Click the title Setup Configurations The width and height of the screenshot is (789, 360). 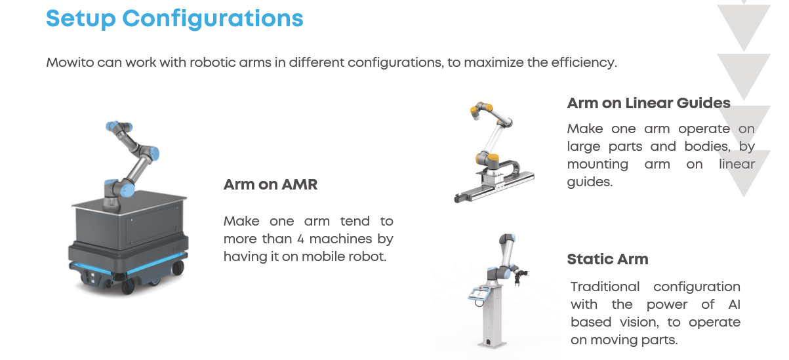174,18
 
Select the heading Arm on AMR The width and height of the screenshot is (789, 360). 270,184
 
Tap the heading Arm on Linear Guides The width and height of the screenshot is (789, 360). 649,103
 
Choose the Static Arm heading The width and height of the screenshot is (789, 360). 607,259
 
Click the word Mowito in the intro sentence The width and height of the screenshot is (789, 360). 70,62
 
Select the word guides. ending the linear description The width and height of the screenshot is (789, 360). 590,182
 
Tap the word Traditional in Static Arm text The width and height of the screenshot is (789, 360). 605,287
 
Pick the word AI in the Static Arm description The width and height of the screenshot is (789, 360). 735,304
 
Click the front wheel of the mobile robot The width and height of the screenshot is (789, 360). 128,286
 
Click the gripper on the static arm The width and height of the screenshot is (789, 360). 520,275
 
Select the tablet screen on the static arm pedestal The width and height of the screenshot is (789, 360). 479,293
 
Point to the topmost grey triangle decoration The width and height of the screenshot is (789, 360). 744,26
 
